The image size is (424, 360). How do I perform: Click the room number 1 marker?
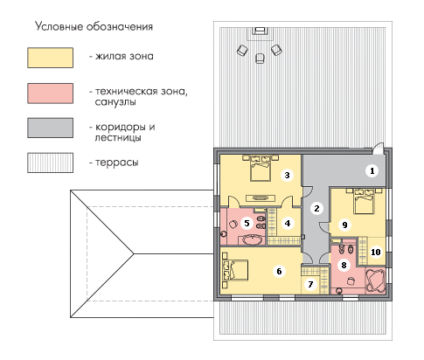click(x=372, y=171)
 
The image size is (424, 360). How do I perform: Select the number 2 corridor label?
click(x=316, y=209)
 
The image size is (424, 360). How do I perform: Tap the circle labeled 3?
click(x=287, y=176)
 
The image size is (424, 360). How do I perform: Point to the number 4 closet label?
click(x=288, y=224)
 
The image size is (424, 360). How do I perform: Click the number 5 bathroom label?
click(x=247, y=224)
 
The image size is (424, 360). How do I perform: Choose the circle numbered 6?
click(x=279, y=272)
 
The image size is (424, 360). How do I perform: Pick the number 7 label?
click(x=310, y=284)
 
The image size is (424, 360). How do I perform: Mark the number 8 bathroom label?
click(x=344, y=265)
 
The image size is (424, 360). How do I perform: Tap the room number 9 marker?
click(x=344, y=225)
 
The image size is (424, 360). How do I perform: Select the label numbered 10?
click(x=376, y=252)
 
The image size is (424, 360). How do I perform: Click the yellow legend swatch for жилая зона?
click(x=50, y=58)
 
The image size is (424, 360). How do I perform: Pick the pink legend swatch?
click(x=50, y=93)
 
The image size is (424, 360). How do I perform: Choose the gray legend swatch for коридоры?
click(x=50, y=128)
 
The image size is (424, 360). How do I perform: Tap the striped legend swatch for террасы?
click(x=50, y=163)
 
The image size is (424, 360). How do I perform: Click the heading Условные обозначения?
click(x=94, y=26)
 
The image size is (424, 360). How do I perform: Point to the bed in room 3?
click(x=261, y=168)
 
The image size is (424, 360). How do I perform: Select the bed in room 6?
click(x=235, y=270)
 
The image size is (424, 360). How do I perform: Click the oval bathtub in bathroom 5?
click(x=253, y=240)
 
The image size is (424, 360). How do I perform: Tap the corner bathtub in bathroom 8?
click(x=375, y=280)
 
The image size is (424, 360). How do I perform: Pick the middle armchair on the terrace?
click(x=260, y=59)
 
